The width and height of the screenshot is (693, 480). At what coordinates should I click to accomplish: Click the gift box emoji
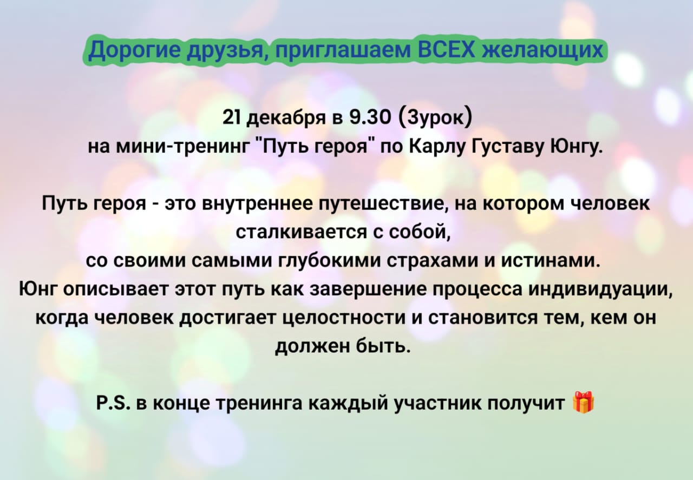pos(584,403)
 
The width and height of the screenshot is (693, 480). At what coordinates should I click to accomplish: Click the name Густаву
pos(509,148)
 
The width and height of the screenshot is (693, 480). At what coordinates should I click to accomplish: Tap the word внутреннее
pos(257,204)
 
